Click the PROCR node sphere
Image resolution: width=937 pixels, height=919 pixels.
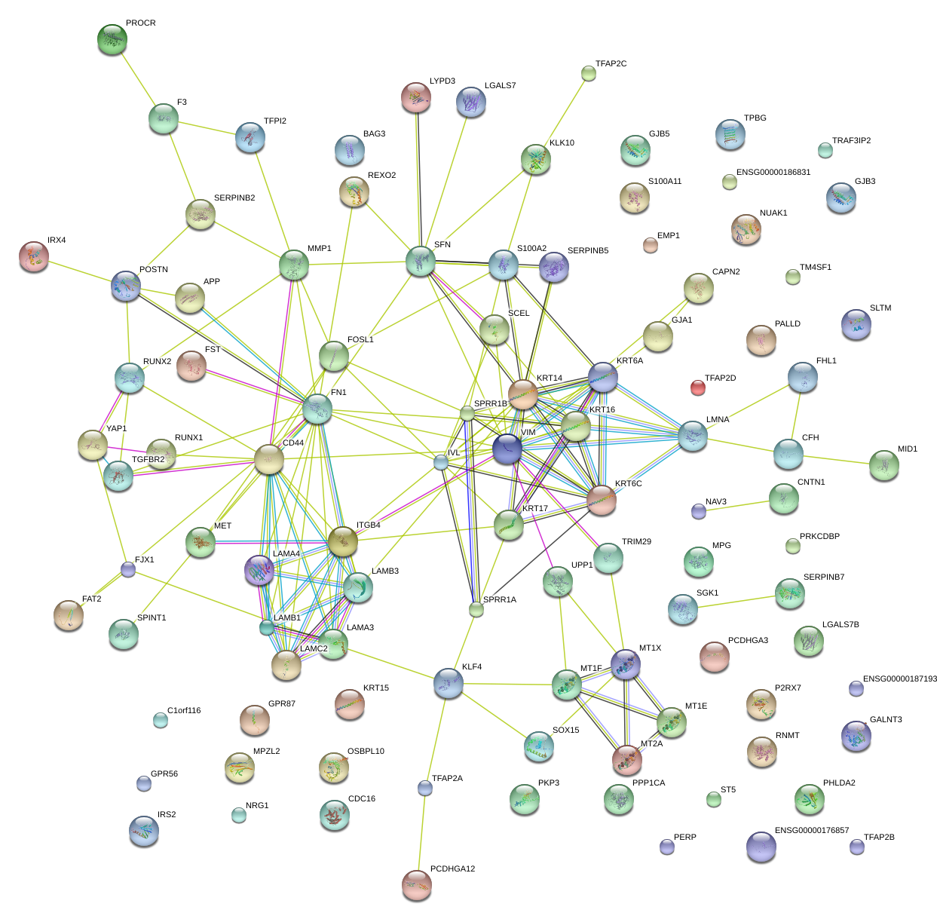pos(112,39)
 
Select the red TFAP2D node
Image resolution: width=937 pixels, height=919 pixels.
pos(698,388)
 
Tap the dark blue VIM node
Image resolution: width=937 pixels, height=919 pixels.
pos(507,449)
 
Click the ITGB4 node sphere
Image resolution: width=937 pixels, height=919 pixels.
pos(342,541)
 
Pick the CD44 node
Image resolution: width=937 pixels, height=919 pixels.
pos(269,459)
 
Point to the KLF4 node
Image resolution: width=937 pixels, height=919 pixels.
pos(449,683)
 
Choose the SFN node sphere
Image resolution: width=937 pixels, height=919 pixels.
pos(421,261)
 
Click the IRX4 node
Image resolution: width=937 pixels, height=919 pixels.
pos(34,256)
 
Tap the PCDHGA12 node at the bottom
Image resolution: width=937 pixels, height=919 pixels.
pos(416,884)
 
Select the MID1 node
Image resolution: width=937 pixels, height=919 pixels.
pos(883,465)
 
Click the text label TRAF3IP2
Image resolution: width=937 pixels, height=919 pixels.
pos(851,141)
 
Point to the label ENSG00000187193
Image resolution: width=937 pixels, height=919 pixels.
pos(900,679)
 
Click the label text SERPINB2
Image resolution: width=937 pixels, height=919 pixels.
pos(234,198)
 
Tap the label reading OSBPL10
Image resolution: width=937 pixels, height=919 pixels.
pos(366,752)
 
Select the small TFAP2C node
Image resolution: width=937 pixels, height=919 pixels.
pos(589,73)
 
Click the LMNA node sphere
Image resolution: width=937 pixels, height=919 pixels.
pos(693,436)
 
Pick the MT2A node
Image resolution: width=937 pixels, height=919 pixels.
pos(627,759)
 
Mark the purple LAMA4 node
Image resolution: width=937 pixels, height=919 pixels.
pos(259,571)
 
